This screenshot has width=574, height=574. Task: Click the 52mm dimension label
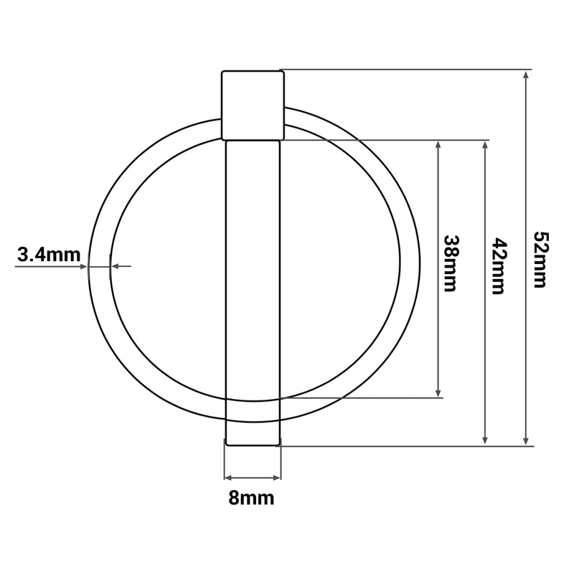coord(540,259)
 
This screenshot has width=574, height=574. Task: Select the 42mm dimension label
coord(499,266)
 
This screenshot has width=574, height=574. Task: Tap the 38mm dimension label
coord(451,263)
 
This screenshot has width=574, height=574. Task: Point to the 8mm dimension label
coord(252,498)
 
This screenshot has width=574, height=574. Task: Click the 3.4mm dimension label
coord(49,255)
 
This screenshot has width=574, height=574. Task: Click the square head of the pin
coord(253,105)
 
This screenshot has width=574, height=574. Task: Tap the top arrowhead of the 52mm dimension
coord(526,75)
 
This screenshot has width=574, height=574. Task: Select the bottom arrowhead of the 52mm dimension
coord(526,441)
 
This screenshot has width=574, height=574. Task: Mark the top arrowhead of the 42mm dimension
coord(485,146)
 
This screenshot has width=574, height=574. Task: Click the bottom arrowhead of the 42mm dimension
coord(485,441)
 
